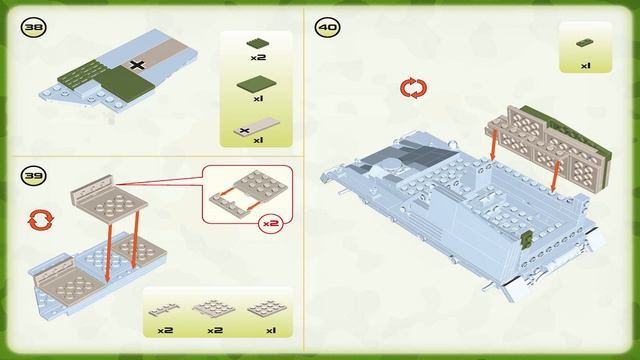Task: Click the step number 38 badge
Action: [33, 27]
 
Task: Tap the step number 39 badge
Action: [33, 176]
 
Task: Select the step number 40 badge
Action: [327, 27]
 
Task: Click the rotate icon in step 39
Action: [40, 220]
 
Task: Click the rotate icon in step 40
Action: [413, 88]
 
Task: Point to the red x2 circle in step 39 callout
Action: [271, 223]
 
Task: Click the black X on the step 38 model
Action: [137, 64]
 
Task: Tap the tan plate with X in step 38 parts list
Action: [257, 127]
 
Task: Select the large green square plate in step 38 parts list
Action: [256, 84]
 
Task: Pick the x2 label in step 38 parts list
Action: [258, 58]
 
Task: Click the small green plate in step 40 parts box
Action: [585, 42]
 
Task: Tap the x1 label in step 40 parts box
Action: [586, 66]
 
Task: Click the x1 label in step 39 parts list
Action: [271, 330]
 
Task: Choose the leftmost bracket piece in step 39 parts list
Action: [164, 310]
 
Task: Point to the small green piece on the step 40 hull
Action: [527, 238]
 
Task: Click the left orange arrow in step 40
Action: [493, 144]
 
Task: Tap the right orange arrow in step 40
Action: [556, 176]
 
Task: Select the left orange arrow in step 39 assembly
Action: [109, 253]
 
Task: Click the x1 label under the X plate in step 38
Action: [258, 140]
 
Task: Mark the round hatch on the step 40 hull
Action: [391, 164]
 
